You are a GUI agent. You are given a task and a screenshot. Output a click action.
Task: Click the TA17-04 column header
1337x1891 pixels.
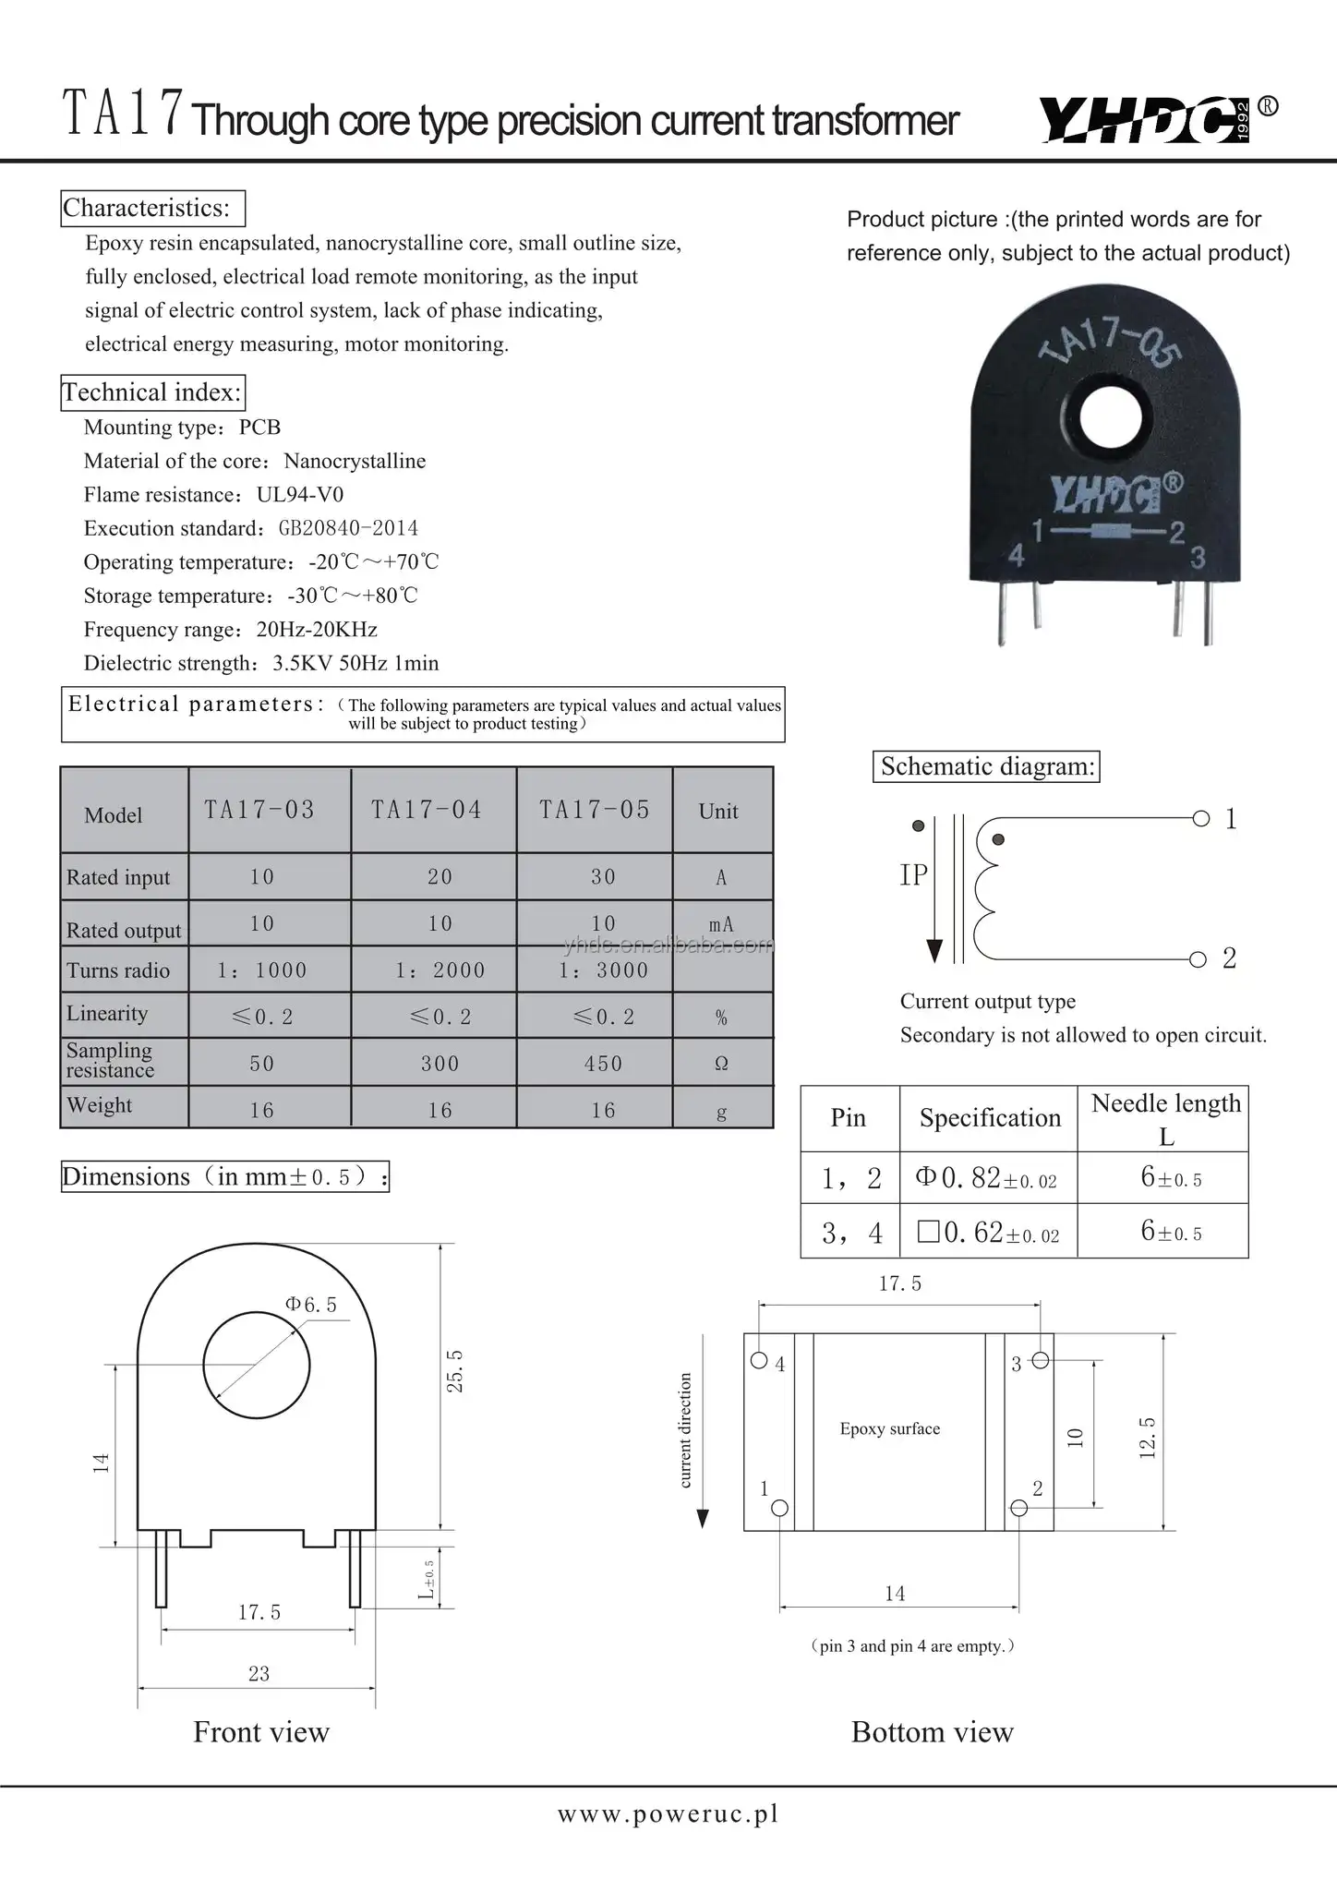[x=427, y=810]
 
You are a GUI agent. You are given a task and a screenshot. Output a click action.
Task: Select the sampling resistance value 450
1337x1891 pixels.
[x=603, y=1064]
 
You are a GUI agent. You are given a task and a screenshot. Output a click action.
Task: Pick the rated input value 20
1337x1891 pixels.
[x=440, y=876]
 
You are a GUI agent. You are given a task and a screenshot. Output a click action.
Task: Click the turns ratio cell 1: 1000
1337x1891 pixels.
[x=262, y=970]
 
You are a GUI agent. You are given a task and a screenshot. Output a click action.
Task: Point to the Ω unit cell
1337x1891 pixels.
[x=721, y=1064]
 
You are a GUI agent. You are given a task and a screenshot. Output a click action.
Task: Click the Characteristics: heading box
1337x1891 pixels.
[x=152, y=208]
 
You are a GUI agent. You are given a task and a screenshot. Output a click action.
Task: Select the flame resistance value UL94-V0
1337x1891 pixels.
[x=300, y=495]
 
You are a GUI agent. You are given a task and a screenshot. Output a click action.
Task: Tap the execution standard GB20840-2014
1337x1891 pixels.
[x=348, y=528]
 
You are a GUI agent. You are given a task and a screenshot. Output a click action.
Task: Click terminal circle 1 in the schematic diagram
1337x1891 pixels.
[x=1200, y=818]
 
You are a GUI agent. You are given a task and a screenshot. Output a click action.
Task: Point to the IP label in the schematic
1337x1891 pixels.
[x=913, y=875]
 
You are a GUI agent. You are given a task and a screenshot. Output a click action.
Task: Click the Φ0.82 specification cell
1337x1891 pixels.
[x=986, y=1177]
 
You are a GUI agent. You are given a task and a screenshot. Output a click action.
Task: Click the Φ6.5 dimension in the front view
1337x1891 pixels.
[x=311, y=1305]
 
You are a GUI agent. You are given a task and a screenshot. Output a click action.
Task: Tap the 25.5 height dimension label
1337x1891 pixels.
[x=455, y=1370]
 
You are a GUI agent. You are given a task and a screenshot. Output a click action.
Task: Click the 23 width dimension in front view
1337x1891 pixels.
[x=259, y=1674]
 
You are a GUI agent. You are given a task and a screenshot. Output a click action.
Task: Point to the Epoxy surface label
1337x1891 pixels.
[x=889, y=1429]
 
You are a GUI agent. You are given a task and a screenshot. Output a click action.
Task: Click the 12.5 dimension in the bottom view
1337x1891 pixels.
[x=1148, y=1438]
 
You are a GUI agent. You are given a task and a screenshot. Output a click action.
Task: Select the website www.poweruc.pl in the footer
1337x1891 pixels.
[x=668, y=1814]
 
